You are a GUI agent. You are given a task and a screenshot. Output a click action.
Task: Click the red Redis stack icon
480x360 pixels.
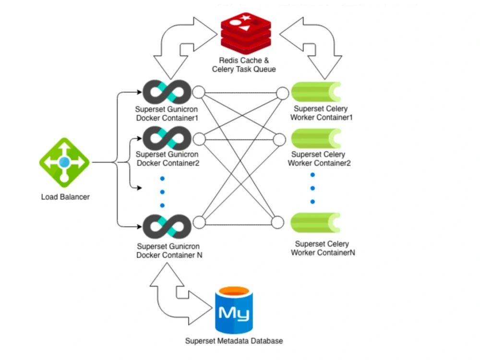pyautogui.click(x=245, y=32)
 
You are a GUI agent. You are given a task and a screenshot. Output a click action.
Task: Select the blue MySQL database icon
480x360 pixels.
pyautogui.click(x=233, y=310)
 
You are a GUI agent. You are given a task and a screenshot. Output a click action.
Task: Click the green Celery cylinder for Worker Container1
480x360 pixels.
pyautogui.click(x=316, y=92)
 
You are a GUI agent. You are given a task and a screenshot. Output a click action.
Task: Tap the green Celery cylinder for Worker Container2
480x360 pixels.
pyautogui.click(x=316, y=138)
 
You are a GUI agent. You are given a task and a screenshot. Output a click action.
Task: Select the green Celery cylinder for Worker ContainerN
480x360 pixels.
pyautogui.click(x=316, y=222)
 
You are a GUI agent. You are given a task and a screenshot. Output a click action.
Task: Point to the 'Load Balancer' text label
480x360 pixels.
pyautogui.click(x=65, y=197)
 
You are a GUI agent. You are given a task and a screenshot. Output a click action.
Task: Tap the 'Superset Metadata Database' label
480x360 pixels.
pyautogui.click(x=234, y=341)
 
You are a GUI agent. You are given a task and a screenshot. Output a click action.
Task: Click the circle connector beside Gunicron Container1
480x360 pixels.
pyautogui.click(x=199, y=92)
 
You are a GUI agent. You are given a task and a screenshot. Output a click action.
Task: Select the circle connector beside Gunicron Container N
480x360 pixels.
pyautogui.click(x=199, y=222)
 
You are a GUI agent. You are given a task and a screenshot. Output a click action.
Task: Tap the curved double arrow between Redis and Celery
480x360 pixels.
pyautogui.click(x=312, y=46)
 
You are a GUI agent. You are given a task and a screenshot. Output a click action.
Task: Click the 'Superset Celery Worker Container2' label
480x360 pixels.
pyautogui.click(x=319, y=159)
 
